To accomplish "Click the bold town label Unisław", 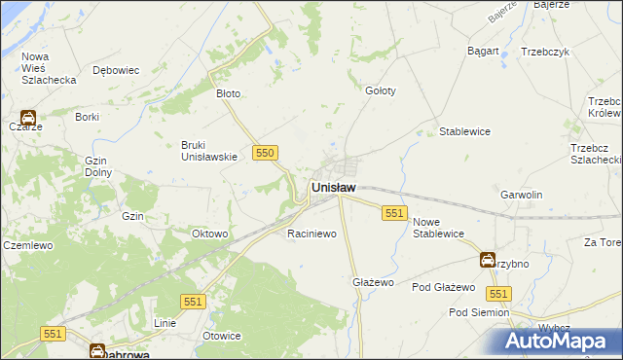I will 333,187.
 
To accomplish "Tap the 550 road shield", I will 266,153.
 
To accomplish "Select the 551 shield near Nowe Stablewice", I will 394,213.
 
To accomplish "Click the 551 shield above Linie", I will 194,303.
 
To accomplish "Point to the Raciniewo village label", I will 311,234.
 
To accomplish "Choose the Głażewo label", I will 372,282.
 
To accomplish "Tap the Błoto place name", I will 228,94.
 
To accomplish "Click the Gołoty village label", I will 380,90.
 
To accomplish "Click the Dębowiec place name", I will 116,70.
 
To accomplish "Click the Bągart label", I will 483,51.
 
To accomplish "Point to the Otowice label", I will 221,336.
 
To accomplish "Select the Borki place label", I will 88,117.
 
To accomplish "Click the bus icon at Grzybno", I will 487,260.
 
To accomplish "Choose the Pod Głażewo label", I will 443,288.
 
